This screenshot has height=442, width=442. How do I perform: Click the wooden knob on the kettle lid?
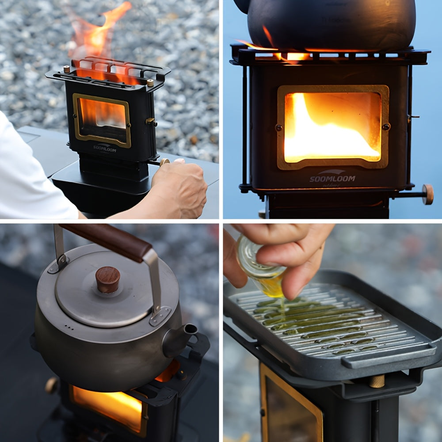point(108,279)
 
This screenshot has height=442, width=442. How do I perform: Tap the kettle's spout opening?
point(191,329)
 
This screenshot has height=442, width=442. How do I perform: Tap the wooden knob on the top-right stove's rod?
point(427,194)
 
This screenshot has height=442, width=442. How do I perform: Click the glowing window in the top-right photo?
point(332,127)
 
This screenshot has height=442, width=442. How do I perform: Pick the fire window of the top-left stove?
point(102,119)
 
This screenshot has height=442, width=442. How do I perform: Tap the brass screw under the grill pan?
point(377,381)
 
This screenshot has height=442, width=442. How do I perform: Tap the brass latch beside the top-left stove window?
point(151,121)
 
